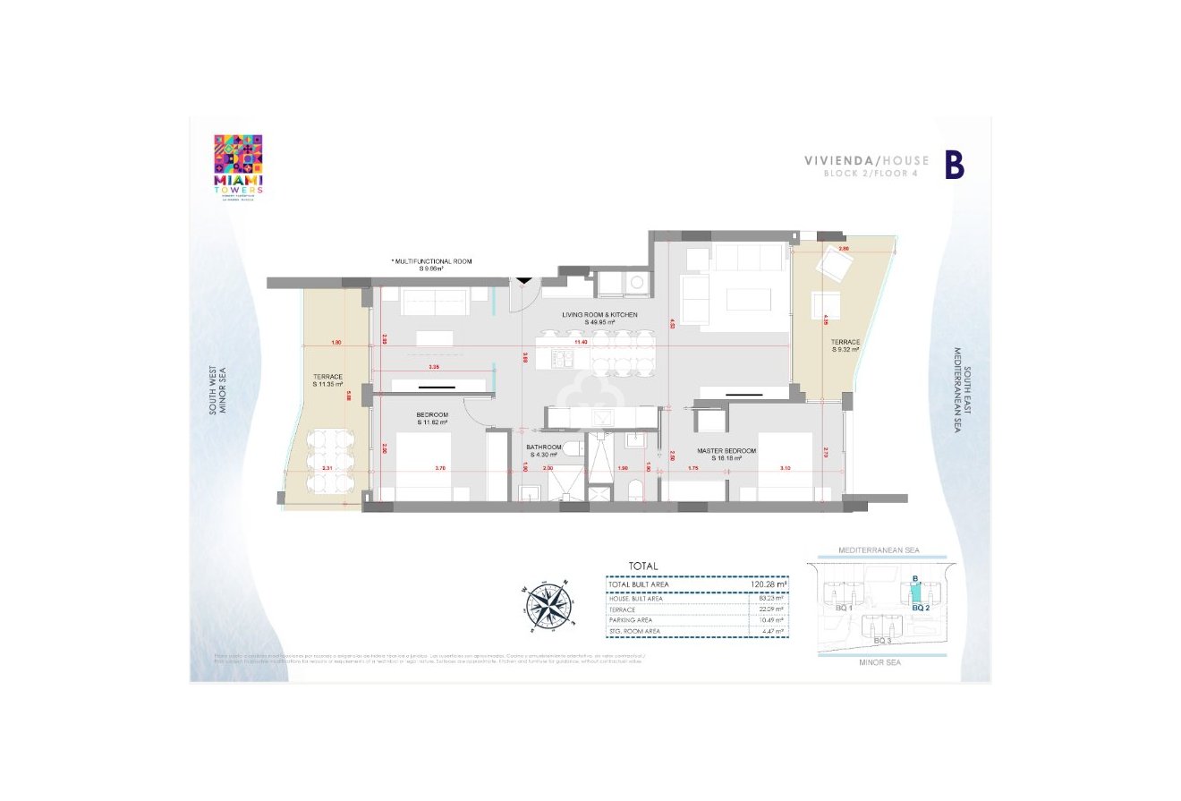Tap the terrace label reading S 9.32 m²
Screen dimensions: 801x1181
point(845,345)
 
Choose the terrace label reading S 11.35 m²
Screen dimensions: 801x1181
point(328,380)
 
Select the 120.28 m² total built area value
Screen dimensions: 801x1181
point(769,584)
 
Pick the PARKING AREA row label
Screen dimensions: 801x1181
point(630,619)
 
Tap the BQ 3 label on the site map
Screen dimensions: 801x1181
point(881,641)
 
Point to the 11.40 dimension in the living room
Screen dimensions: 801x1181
point(581,342)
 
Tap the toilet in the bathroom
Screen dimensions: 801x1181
point(635,490)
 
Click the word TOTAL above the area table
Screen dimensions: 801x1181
point(642,566)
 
